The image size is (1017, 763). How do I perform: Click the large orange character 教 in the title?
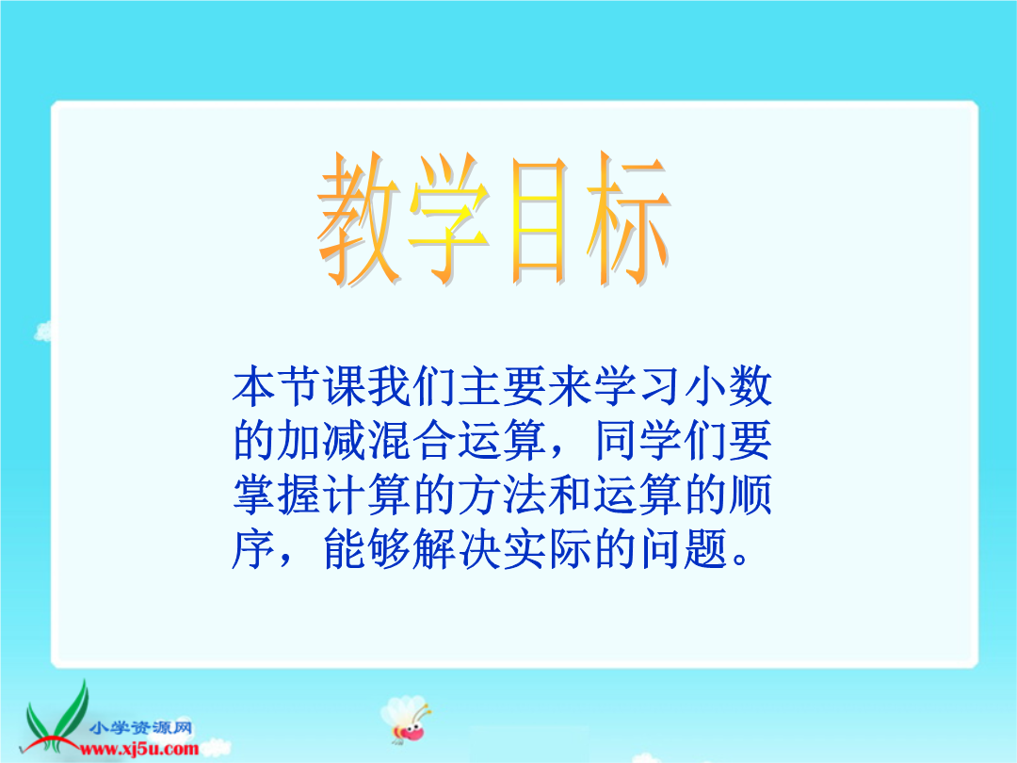[358, 219]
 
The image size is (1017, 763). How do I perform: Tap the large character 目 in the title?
[539, 220]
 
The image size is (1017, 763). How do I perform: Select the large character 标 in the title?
[628, 219]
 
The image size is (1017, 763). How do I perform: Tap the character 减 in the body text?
[345, 441]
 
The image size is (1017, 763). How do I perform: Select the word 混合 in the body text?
[412, 441]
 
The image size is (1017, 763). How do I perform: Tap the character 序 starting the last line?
[253, 549]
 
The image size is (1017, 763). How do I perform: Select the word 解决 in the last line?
[458, 549]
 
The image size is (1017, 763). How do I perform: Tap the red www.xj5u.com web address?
[138, 750]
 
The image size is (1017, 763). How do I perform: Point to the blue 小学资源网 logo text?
[141, 728]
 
